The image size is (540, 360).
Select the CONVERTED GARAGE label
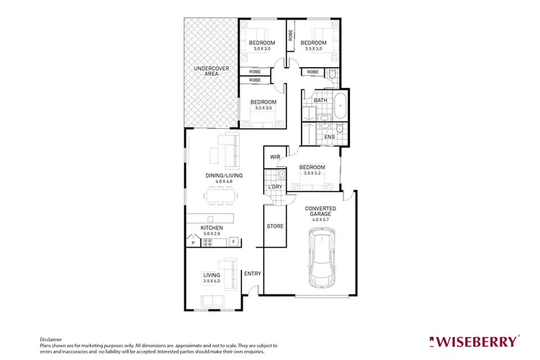point(321,211)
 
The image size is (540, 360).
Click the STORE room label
point(275,226)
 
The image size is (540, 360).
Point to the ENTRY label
point(252,274)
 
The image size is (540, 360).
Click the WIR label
point(275,157)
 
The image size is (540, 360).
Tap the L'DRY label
point(274,187)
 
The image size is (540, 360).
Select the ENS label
point(329,137)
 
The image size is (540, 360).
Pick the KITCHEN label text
point(212,228)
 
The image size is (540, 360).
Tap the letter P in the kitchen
point(192,242)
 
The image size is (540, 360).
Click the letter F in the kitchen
point(233,242)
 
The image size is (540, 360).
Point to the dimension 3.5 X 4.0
point(211,281)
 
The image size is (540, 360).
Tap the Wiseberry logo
point(473,341)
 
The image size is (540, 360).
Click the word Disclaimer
point(50,338)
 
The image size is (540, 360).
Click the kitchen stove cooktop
point(208,242)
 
